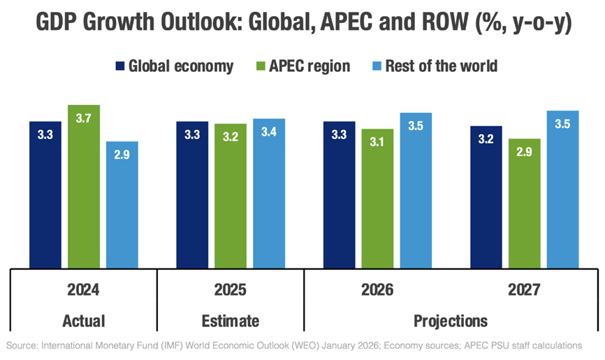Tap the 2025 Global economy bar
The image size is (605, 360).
pyautogui.click(x=192, y=195)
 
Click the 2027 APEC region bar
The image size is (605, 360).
pyautogui.click(x=524, y=203)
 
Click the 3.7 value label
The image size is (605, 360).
pyautogui.click(x=83, y=119)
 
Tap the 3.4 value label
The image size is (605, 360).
pyautogui.click(x=268, y=132)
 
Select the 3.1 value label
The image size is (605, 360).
pyautogui.click(x=377, y=142)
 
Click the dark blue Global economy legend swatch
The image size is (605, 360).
pyautogui.click(x=119, y=66)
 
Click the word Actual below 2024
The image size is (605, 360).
pyautogui.click(x=83, y=321)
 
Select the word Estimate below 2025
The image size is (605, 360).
pyautogui.click(x=231, y=321)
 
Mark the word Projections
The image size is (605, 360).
pyautogui.click(x=451, y=321)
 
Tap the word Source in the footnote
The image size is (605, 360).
pyautogui.click(x=21, y=345)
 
